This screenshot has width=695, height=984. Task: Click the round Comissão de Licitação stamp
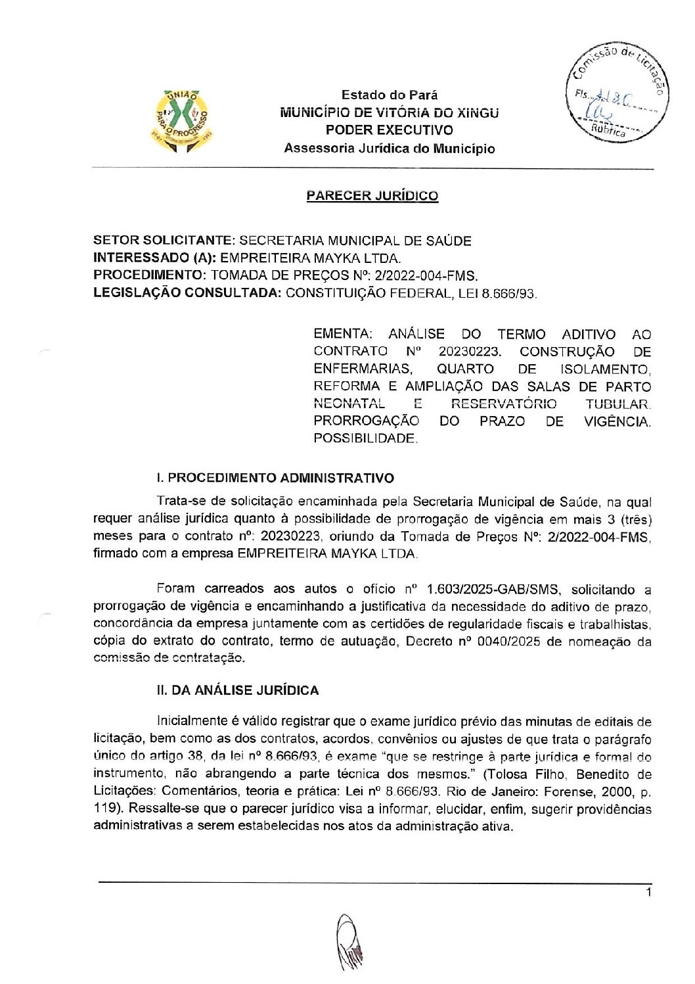pos(616,97)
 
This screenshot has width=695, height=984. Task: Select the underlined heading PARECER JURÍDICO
pos(372,195)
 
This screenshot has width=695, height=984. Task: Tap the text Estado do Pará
pos(390,95)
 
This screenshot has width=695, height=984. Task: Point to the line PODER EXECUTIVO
pos(390,130)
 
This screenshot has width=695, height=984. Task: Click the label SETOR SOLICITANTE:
pos(164,241)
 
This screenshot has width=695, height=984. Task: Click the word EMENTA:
pos(341,334)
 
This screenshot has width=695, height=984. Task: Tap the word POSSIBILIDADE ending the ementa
pos(365,438)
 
